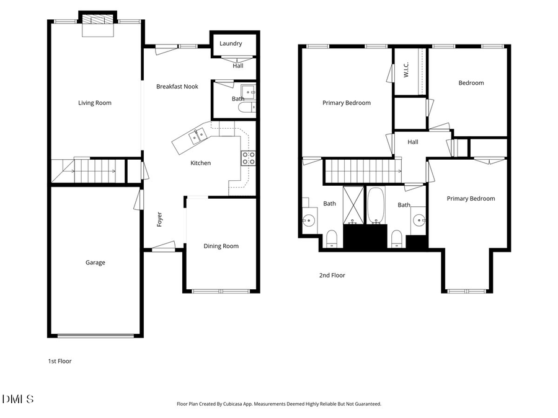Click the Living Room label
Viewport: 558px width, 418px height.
[95, 103]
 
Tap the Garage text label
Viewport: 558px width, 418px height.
[95, 263]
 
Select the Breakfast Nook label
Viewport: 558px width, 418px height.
[177, 87]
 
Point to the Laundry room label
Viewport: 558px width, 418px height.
[231, 44]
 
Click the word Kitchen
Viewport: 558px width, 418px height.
[200, 163]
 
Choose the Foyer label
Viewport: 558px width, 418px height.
[159, 219]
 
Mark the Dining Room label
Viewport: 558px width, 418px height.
[221, 246]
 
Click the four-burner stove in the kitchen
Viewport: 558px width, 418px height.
[248, 158]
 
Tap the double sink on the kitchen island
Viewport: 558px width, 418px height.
[199, 134]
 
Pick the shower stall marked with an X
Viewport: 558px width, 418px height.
[353, 204]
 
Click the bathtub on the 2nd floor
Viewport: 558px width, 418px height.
[376, 206]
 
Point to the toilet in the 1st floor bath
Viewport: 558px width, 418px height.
[245, 108]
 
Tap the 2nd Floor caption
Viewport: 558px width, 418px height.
[332, 276]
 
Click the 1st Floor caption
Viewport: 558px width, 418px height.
[60, 361]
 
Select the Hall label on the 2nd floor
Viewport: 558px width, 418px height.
[413, 142]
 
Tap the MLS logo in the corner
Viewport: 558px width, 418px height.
[19, 399]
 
